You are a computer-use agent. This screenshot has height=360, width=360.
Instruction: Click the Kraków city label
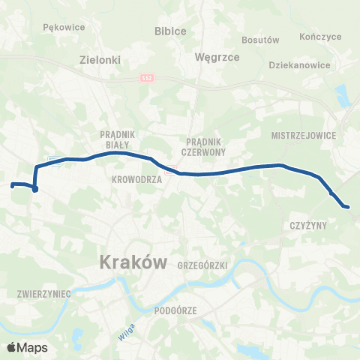coord(131,262)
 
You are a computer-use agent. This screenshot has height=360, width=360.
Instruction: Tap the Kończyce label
coord(320,36)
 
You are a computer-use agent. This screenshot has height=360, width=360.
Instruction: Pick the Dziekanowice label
coord(299,64)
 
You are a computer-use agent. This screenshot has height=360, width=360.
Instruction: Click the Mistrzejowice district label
coord(305,136)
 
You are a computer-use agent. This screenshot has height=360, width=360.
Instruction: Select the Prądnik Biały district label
coord(115,139)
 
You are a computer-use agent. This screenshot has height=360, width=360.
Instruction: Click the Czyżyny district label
coord(305,225)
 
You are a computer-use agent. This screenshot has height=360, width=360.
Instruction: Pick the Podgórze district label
coord(174,310)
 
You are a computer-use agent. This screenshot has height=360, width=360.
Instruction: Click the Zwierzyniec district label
coord(43,295)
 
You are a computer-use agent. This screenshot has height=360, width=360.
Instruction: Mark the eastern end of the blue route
coord(346,206)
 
